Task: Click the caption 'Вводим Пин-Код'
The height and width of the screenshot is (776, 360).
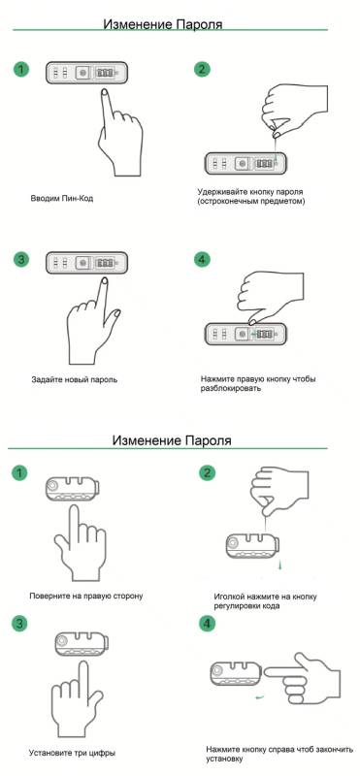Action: coord(67,198)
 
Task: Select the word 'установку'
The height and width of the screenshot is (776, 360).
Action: coord(230,758)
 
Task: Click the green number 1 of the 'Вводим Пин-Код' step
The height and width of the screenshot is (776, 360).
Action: coord(21,71)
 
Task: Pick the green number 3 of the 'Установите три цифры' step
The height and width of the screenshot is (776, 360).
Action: coord(18,623)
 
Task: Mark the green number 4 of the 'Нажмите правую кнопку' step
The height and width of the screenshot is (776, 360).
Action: coord(201,260)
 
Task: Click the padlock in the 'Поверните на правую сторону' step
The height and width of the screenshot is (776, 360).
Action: coord(74,484)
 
